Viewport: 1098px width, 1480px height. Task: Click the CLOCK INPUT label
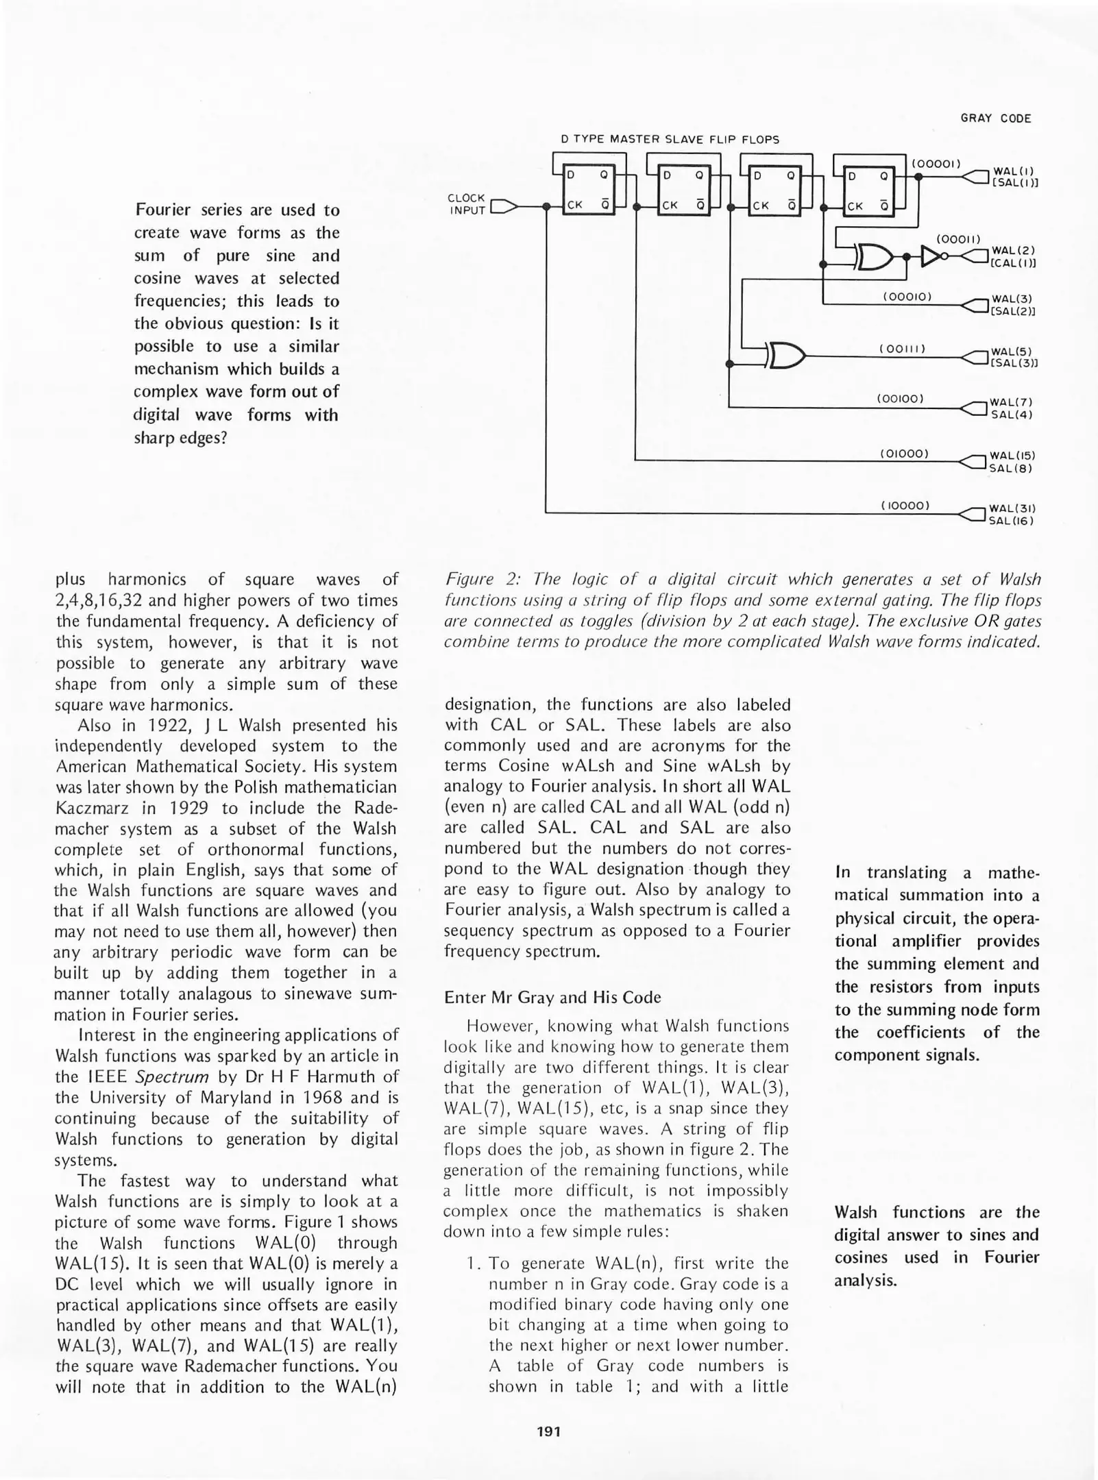click(466, 204)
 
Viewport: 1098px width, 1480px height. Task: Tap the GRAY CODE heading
click(995, 119)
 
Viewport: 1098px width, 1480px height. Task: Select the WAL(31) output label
click(1011, 508)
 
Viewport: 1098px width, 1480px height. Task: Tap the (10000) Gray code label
click(904, 506)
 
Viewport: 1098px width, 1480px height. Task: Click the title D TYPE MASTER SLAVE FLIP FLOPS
click(670, 140)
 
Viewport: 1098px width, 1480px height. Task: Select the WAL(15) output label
click(1011, 456)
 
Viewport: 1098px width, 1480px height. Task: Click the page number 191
click(548, 1431)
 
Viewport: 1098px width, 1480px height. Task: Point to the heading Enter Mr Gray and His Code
click(552, 997)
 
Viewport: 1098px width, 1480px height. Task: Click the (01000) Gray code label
click(903, 454)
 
